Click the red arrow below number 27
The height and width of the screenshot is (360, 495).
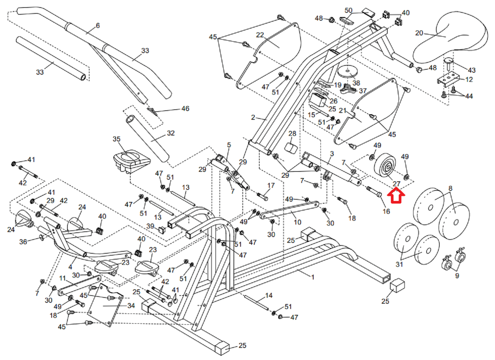click(x=396, y=196)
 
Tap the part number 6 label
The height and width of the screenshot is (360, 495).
click(x=98, y=26)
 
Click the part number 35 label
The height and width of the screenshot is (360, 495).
click(x=117, y=139)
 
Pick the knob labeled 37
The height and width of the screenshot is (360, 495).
click(x=348, y=88)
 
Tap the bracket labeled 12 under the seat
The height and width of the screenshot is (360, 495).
click(x=447, y=80)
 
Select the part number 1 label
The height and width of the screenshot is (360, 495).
click(x=313, y=277)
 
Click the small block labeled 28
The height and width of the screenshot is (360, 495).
click(x=290, y=148)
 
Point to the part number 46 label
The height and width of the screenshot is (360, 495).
click(x=185, y=108)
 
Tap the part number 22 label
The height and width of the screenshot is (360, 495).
click(x=260, y=35)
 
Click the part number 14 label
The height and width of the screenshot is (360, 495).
click(x=268, y=296)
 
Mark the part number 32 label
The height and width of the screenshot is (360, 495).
click(x=171, y=133)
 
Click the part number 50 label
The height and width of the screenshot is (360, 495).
click(x=349, y=10)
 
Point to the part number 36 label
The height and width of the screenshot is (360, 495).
click(x=23, y=242)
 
